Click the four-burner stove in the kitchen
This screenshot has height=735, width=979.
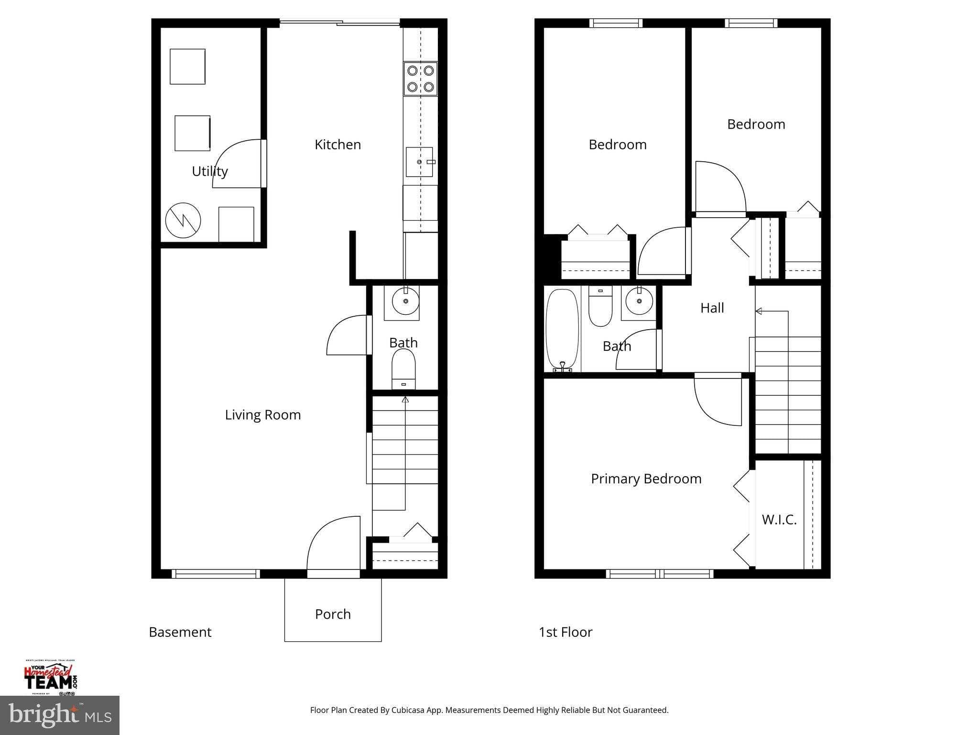point(420,78)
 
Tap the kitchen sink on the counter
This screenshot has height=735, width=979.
point(419,162)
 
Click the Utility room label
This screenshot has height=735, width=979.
point(209,171)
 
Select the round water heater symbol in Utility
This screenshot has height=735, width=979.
point(183,220)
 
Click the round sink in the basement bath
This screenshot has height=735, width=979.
point(405,301)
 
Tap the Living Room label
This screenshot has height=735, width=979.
point(262,414)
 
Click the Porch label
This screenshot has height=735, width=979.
point(333,614)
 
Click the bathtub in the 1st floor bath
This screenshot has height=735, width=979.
point(562,330)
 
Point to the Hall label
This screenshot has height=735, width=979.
point(712,308)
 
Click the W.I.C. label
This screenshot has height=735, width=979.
point(779,520)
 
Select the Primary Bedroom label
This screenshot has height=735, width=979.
point(646,479)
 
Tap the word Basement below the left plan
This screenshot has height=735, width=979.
point(180,632)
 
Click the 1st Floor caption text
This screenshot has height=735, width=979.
point(565,632)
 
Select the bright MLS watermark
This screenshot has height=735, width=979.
point(60,715)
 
